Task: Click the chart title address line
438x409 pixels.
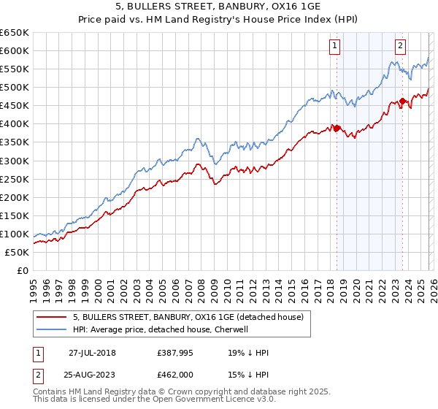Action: (219, 7)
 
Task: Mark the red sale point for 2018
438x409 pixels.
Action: (337, 129)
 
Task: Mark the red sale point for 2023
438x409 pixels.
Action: (402, 102)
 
